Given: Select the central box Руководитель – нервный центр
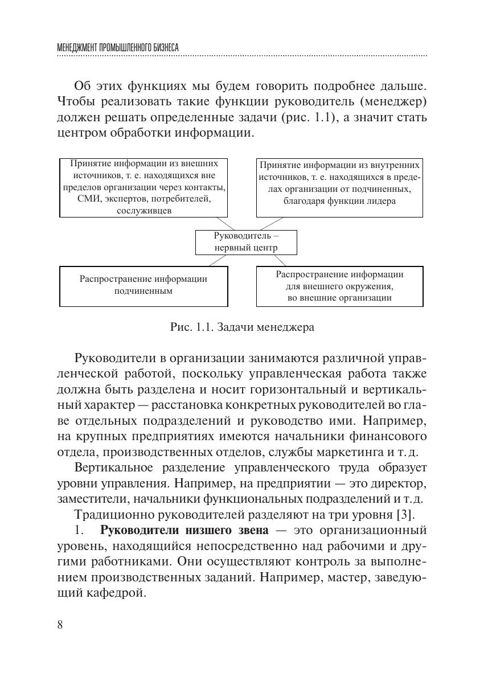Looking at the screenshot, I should [246, 242].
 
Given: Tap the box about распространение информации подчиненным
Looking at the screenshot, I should [143, 286].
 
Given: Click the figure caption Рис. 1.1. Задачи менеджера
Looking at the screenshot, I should [242, 327].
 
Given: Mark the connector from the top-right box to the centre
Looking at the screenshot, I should [270, 223].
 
